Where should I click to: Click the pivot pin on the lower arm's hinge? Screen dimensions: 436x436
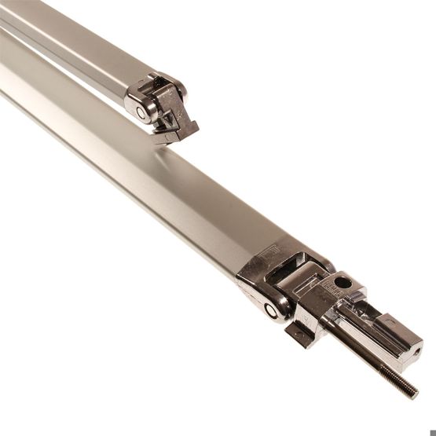click(x=272, y=310)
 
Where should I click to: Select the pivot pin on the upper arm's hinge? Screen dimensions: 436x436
click(x=141, y=112)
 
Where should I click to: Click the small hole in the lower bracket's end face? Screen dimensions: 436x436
click(x=417, y=350)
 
